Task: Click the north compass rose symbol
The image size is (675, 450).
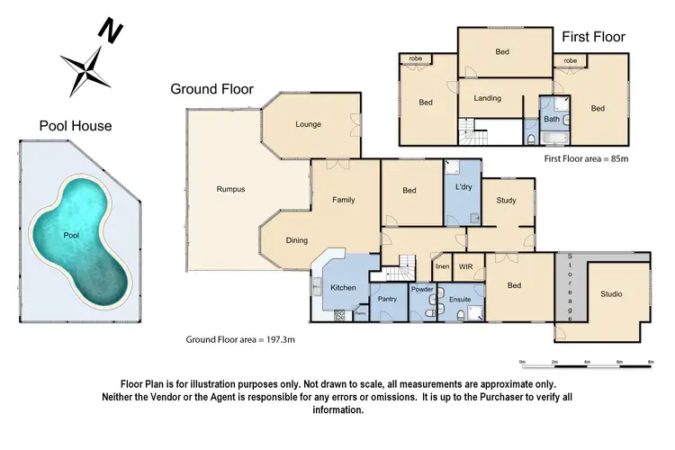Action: tap(87, 62)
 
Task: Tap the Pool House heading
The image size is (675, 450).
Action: tap(76, 126)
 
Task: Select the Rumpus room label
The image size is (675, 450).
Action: tap(230, 189)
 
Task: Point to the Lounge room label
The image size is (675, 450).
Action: tap(308, 124)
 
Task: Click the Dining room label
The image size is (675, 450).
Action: tap(297, 240)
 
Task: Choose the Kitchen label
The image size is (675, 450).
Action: tap(344, 288)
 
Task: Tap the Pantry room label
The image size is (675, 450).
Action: tap(388, 298)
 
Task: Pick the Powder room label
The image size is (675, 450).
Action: tap(422, 290)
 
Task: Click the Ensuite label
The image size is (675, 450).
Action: tap(461, 298)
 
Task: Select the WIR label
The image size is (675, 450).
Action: tap(465, 267)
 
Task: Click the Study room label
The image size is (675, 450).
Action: tap(506, 200)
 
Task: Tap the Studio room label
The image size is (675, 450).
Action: tap(612, 293)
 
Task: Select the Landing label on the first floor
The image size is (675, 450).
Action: tap(487, 98)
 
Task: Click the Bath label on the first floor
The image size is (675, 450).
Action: tap(551, 118)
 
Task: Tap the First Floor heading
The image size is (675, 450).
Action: tap(593, 37)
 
